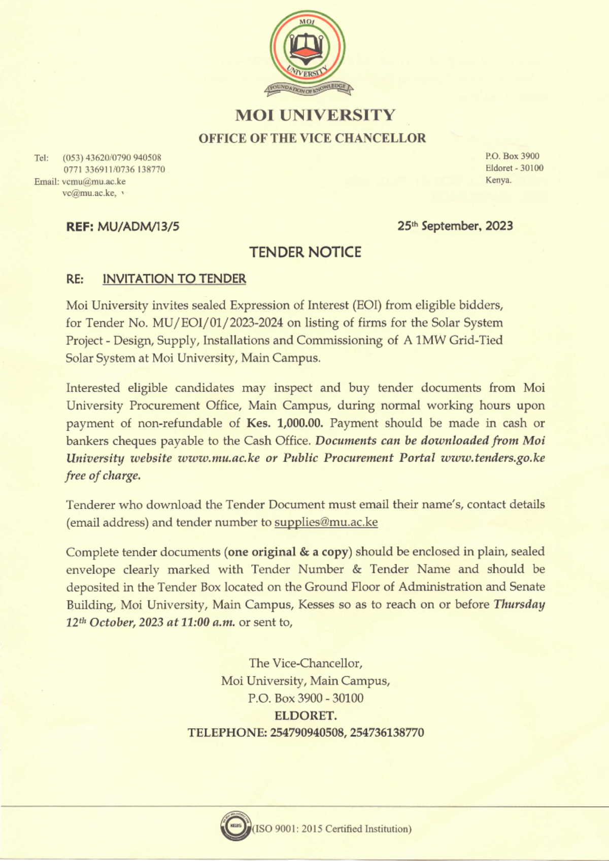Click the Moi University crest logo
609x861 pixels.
[308, 53]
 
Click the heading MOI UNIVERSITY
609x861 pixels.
[315, 115]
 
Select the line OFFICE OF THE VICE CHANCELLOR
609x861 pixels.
[312, 138]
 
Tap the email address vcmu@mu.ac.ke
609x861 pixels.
[94, 182]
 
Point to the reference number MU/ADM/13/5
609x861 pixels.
[138, 226]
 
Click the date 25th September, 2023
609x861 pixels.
[455, 226]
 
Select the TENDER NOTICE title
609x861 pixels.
[305, 252]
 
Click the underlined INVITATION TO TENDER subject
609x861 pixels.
[174, 279]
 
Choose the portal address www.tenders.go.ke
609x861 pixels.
[493, 458]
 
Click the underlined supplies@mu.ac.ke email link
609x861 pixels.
[326, 522]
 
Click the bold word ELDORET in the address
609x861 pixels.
[304, 715]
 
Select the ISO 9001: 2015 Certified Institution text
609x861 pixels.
[332, 829]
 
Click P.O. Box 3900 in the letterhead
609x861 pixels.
[512, 156]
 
